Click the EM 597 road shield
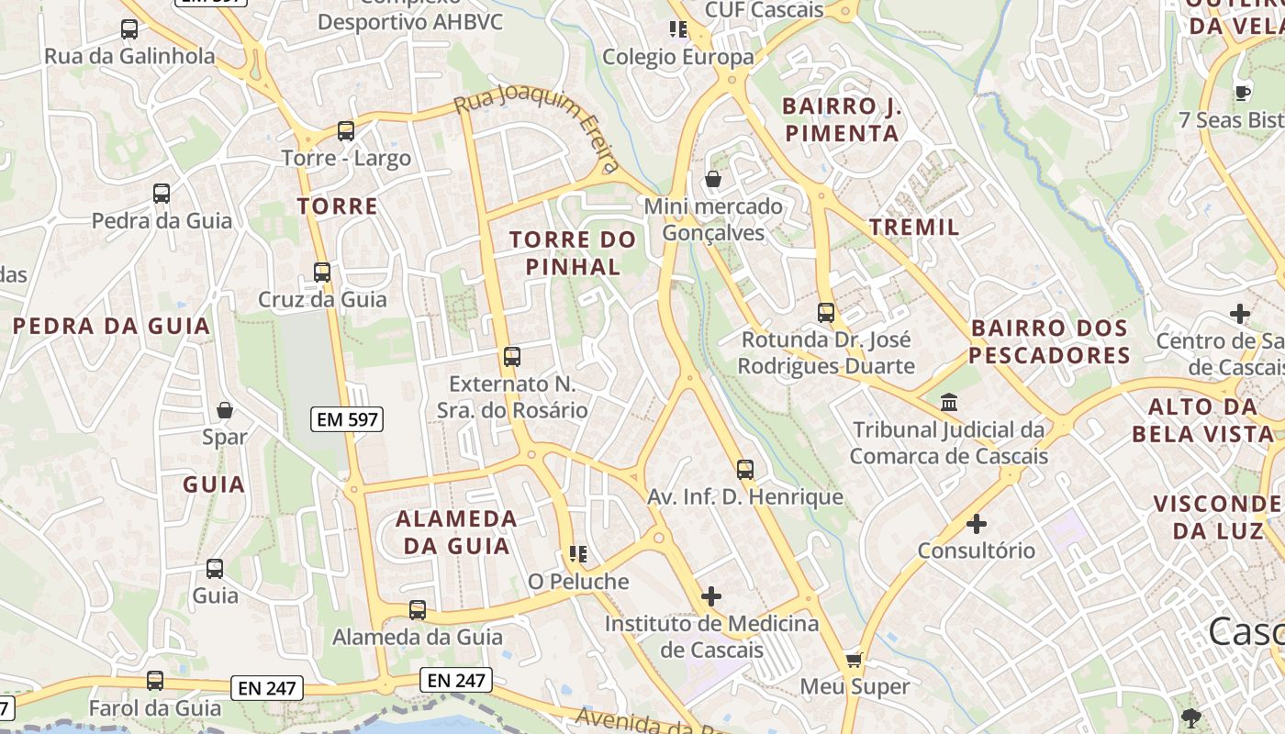point(347,420)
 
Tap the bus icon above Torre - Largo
point(346,131)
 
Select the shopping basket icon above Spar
point(225,409)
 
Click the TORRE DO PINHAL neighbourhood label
point(573,253)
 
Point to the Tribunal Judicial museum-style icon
point(948,403)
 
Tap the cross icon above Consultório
point(977,524)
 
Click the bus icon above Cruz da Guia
point(322,272)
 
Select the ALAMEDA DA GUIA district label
point(456,532)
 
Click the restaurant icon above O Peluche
point(578,553)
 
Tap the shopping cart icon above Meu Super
point(855,660)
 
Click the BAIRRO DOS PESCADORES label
point(1049,341)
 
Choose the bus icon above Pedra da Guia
point(162,194)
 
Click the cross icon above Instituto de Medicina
point(711,596)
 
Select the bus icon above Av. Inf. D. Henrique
point(745,470)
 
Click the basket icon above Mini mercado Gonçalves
point(713,179)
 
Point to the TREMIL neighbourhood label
point(914,227)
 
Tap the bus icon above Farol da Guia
point(155,681)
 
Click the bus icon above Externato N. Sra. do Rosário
point(512,357)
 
